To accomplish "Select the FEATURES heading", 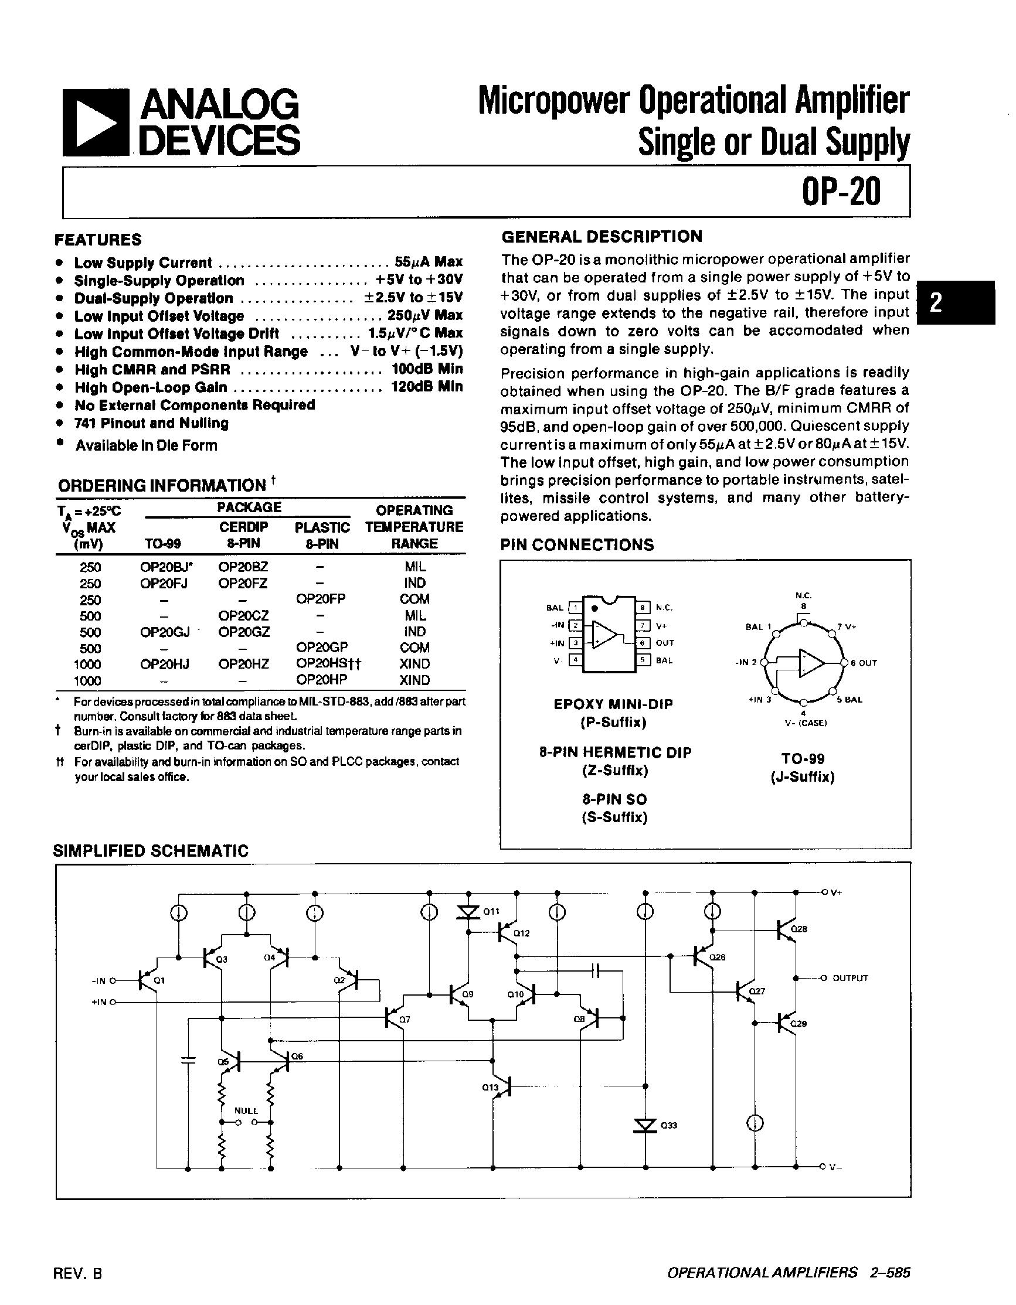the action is click(98, 240).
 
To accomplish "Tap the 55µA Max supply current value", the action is click(428, 263).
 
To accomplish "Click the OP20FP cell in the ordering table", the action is click(321, 599).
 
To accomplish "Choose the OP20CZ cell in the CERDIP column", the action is click(243, 615).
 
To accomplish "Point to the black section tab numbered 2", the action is click(956, 302).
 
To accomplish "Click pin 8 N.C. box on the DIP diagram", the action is click(643, 608).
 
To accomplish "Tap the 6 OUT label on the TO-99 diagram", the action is click(864, 663).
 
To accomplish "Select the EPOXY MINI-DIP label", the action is click(613, 704).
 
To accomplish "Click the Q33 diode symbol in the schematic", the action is click(645, 1126).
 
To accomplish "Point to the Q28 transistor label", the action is click(799, 929).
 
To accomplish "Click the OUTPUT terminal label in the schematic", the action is click(850, 978).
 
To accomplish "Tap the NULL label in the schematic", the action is click(246, 1111).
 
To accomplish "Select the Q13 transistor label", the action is click(490, 1088).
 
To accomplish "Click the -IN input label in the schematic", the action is click(99, 980).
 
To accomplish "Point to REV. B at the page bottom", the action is click(78, 1273).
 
